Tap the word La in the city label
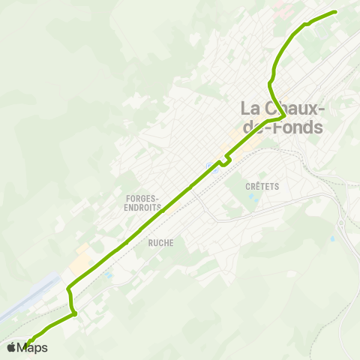251,108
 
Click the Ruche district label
160,242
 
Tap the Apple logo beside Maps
11,347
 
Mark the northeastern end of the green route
334,12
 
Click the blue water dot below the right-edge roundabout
331,239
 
